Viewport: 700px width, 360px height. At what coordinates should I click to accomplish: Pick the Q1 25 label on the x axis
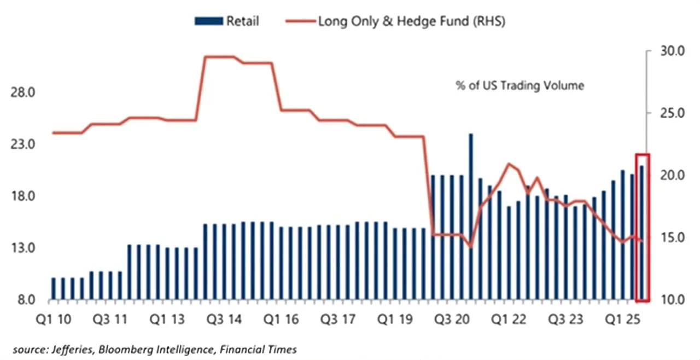pyautogui.click(x=624, y=320)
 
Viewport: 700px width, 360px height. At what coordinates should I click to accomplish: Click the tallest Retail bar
pyautogui.click(x=471, y=219)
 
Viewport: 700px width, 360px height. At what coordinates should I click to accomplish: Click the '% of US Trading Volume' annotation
pyautogui.click(x=520, y=86)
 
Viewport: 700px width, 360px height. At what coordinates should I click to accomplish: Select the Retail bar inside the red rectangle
pyautogui.click(x=642, y=233)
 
